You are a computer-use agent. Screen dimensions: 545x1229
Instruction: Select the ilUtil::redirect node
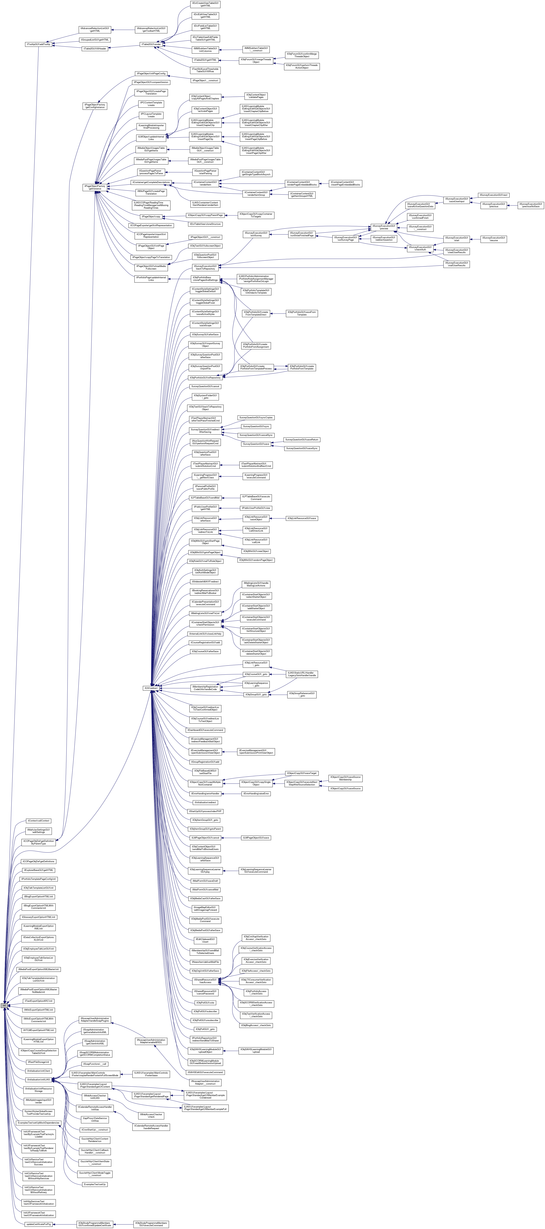point(151,688)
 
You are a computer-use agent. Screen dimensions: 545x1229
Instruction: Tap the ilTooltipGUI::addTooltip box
point(38,44)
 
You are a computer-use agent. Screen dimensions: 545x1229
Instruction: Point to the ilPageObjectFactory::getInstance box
point(95,187)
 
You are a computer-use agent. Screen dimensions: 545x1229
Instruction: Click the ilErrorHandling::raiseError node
point(256,793)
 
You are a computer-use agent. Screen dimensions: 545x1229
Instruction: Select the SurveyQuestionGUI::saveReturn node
point(302,439)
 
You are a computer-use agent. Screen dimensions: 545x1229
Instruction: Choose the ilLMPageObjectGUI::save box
point(256,838)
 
